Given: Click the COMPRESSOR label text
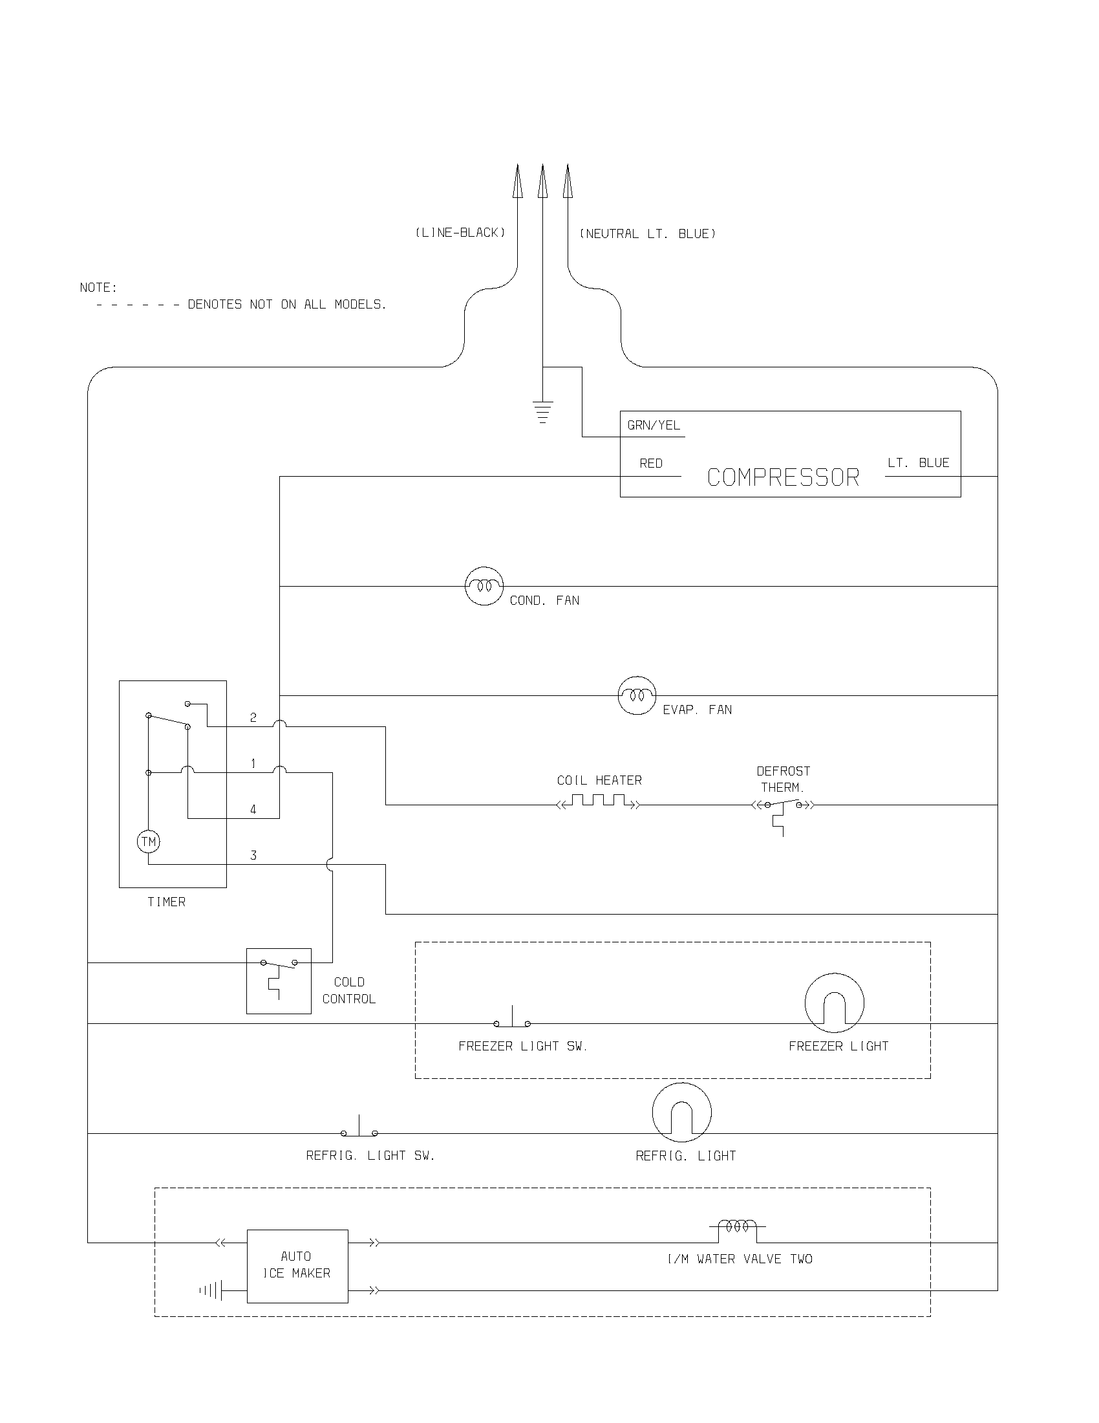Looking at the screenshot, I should (x=783, y=477).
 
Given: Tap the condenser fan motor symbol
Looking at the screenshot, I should (x=484, y=586).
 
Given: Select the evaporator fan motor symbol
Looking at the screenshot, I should (x=636, y=695).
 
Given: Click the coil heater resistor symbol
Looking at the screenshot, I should (x=599, y=801).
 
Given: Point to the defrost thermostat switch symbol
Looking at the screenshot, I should (x=783, y=808).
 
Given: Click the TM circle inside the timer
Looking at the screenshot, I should (x=149, y=842).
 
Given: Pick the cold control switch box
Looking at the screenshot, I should (x=279, y=981).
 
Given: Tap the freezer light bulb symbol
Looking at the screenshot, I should (x=834, y=1003).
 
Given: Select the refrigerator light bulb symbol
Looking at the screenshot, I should (x=681, y=1113).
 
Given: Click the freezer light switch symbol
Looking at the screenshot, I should (x=512, y=1020).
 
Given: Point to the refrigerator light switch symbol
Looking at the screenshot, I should (x=359, y=1130).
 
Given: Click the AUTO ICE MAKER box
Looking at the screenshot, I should (x=297, y=1266).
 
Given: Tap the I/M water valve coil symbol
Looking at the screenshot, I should (x=737, y=1227).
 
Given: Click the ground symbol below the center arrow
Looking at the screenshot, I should (x=542, y=412).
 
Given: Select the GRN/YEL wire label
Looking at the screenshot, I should (x=653, y=426).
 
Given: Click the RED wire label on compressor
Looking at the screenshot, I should (x=650, y=463).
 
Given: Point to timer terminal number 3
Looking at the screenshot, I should (x=253, y=856).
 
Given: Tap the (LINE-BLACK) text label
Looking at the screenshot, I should (x=460, y=233).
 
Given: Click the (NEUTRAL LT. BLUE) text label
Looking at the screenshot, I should (x=647, y=234).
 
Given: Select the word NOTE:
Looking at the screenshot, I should (x=98, y=287).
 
